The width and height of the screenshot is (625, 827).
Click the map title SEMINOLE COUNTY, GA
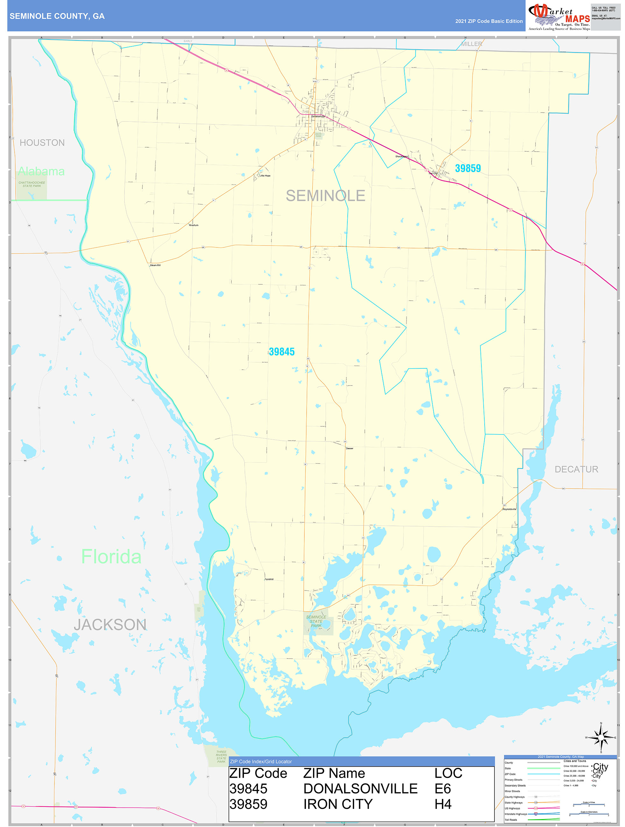click(x=57, y=16)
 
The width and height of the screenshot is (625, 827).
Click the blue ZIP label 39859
click(x=467, y=168)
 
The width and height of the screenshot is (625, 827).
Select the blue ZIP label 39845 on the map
click(x=281, y=351)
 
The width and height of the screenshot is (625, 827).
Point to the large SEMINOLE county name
click(x=325, y=196)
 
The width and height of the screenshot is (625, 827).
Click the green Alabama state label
click(x=41, y=171)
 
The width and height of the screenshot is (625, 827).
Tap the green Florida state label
click(x=111, y=557)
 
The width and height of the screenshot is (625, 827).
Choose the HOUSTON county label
click(x=42, y=142)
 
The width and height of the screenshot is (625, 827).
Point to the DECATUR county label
click(x=576, y=469)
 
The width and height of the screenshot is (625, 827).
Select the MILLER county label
click(x=471, y=44)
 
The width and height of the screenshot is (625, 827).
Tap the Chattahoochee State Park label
click(x=32, y=184)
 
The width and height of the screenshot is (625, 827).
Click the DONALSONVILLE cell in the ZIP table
click(x=360, y=789)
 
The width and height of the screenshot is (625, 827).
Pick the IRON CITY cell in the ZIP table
click(x=337, y=804)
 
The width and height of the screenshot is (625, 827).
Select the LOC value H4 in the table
click(x=443, y=804)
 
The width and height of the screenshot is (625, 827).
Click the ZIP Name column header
click(x=334, y=773)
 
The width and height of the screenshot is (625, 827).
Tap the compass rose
click(x=601, y=737)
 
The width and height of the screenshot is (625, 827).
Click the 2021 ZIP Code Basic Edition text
click(x=488, y=21)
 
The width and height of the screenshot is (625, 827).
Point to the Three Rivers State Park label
click(x=221, y=756)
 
